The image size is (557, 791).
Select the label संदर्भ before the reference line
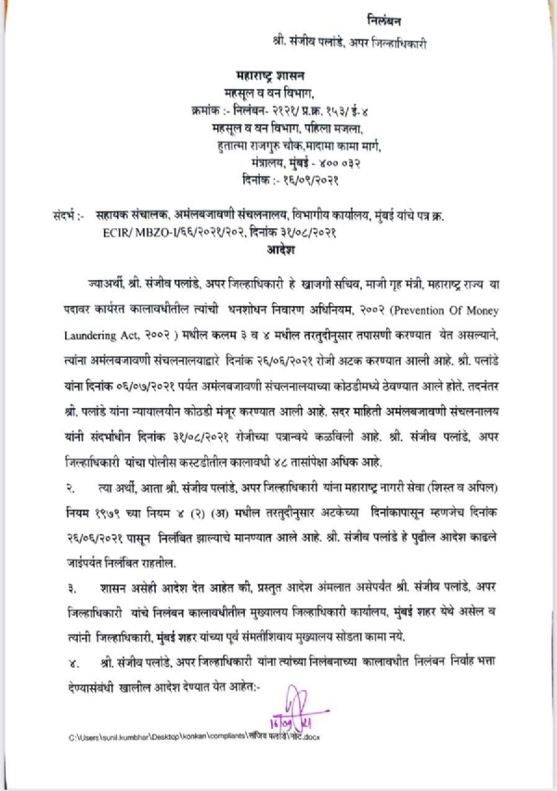65,214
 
